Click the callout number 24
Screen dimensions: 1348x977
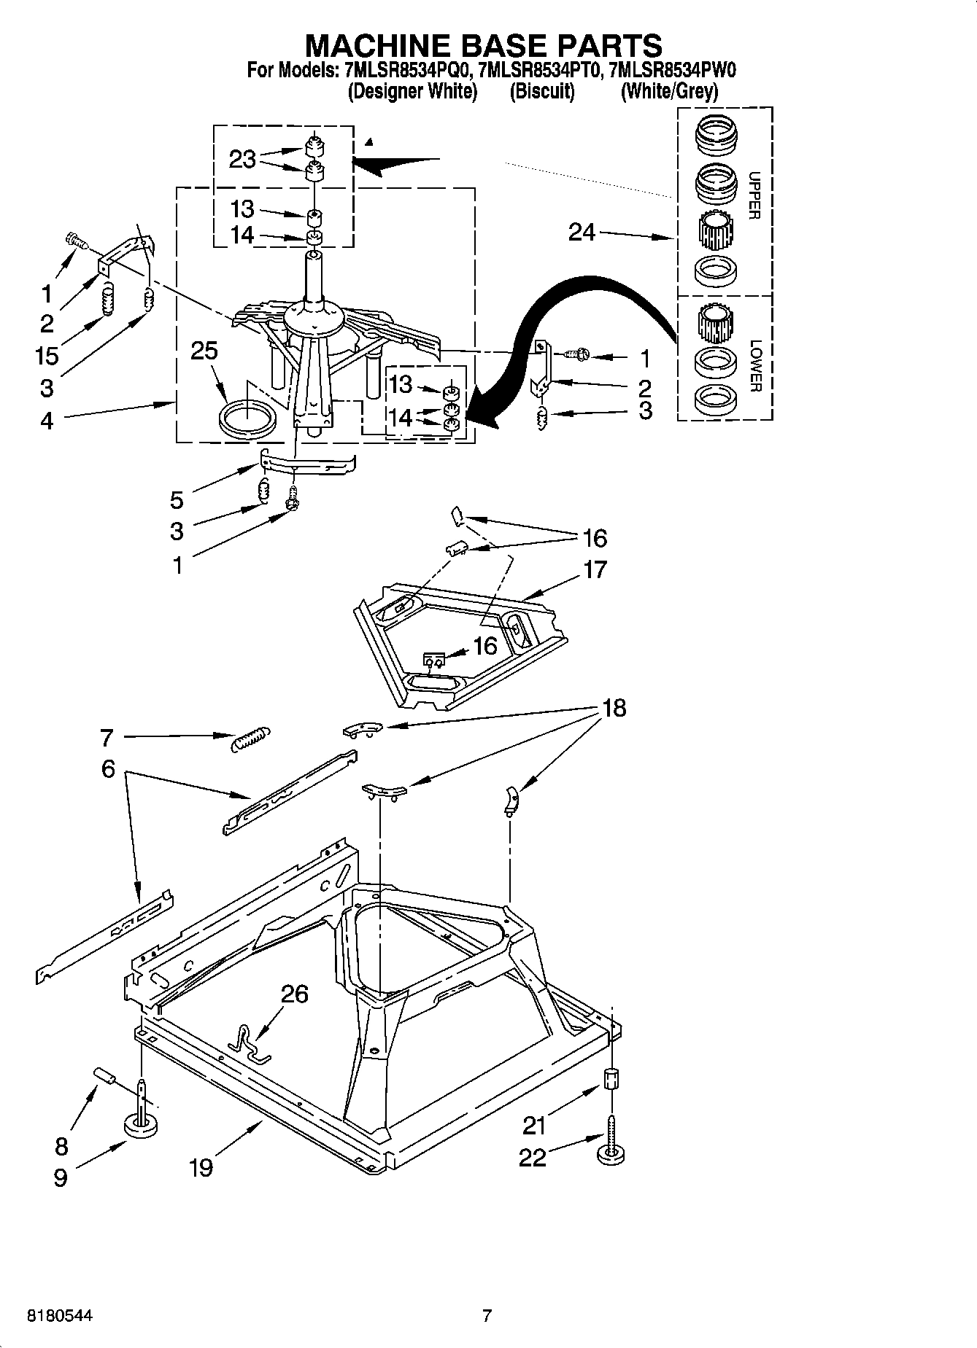coord(582,233)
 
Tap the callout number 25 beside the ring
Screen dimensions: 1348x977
coord(204,351)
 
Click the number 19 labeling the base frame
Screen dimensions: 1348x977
coord(201,1167)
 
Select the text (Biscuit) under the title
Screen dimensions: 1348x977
coord(541,92)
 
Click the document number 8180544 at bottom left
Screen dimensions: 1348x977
coord(60,1316)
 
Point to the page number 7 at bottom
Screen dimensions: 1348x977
coord(487,1316)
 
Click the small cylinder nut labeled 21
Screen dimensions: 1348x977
coord(612,1078)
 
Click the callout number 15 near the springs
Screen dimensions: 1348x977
coord(47,357)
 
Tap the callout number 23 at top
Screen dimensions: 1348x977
coord(242,159)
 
